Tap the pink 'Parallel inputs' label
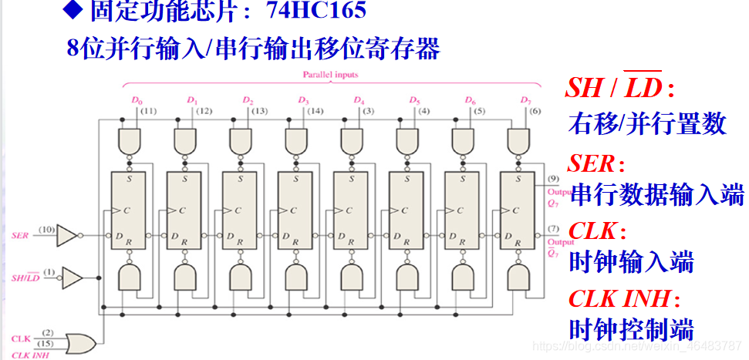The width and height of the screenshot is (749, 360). point(330,75)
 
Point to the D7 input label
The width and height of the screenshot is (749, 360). point(526,101)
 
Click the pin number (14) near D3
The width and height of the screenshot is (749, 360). point(315,111)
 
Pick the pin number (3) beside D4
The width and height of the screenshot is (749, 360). point(369,111)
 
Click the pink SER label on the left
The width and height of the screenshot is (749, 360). point(20,234)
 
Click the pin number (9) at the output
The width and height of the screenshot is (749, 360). point(553,179)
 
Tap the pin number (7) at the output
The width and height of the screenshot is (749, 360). point(553,229)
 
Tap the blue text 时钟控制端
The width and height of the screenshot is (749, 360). point(631,329)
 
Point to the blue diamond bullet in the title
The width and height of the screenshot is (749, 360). point(75,11)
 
